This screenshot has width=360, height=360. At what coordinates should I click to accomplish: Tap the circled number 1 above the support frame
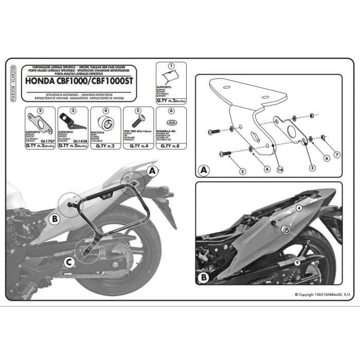[x=171, y=66]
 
